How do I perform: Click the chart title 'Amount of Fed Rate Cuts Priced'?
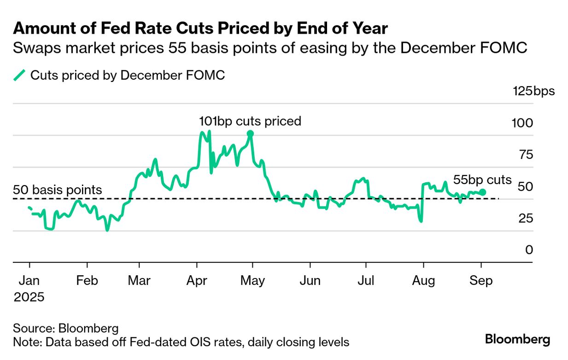[200, 29]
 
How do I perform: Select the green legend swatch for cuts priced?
[19, 75]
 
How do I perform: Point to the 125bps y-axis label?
[534, 91]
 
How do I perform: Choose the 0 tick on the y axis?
[528, 250]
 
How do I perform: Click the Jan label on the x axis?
[30, 280]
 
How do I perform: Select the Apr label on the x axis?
[197, 280]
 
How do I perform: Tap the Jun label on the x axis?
[310, 280]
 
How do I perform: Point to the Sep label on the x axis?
[481, 280]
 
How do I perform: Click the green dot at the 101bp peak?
[250, 134]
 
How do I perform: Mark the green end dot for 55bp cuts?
[482, 192]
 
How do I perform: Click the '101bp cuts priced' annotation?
[250, 121]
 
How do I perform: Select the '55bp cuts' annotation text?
[482, 180]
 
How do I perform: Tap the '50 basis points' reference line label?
[58, 190]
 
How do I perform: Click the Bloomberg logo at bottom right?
[517, 340]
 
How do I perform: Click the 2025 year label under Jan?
[29, 297]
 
